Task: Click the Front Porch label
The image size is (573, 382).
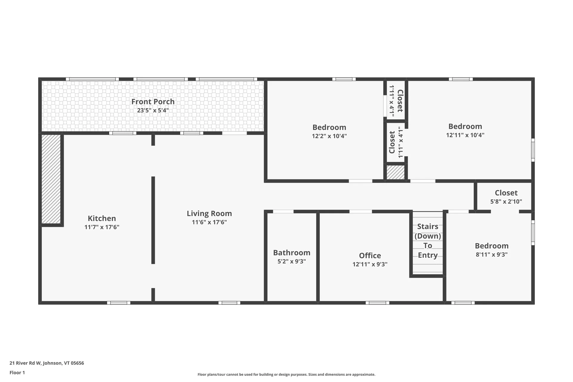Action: (x=153, y=101)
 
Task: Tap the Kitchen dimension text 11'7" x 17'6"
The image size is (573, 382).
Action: (x=102, y=227)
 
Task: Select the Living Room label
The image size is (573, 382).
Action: (x=209, y=213)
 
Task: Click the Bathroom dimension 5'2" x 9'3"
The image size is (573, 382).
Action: (x=292, y=261)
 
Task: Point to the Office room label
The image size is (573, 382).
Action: (x=370, y=255)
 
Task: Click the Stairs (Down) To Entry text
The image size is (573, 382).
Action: (x=428, y=241)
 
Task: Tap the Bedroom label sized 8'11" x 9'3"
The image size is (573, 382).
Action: (x=492, y=246)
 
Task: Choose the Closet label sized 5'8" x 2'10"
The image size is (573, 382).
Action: (x=506, y=193)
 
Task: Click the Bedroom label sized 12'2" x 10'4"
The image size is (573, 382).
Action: (x=329, y=127)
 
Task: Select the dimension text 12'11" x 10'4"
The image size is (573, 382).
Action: (x=465, y=135)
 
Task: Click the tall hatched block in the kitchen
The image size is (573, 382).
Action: (x=51, y=179)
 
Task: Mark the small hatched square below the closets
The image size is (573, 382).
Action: (x=395, y=172)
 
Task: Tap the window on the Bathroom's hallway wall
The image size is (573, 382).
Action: (x=283, y=212)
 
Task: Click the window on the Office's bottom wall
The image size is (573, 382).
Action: (x=377, y=303)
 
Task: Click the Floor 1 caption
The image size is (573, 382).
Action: (x=17, y=372)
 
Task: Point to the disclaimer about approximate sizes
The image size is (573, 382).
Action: (x=286, y=375)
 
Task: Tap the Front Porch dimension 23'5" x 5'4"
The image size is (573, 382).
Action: (x=153, y=110)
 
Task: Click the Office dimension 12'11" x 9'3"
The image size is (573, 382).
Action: (x=370, y=264)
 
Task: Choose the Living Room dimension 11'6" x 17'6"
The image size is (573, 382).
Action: (x=209, y=222)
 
